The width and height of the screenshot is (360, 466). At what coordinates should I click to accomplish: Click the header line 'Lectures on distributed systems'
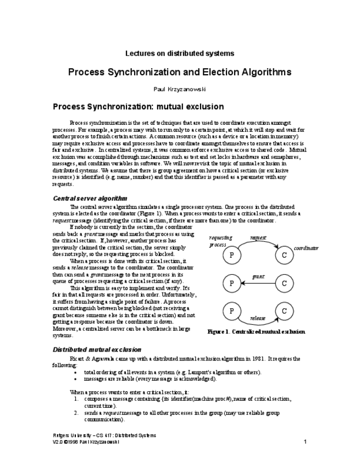pos(180,53)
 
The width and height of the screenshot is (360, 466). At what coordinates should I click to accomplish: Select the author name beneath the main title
pos(180,88)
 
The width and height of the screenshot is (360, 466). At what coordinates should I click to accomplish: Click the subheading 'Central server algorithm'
pos(90,198)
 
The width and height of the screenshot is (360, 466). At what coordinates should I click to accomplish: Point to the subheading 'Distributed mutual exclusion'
pos(97,349)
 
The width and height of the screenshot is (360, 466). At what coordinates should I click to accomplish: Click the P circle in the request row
pos(232,256)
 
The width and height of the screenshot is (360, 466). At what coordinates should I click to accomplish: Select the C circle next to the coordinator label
pos(284,256)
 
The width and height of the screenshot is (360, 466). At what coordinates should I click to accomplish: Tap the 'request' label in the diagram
pos(258,237)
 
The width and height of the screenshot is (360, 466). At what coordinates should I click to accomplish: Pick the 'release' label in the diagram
pos(258,318)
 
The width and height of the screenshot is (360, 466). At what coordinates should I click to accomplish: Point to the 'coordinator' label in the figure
pos(306,248)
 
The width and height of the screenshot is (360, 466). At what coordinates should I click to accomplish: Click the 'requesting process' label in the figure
pos(220,241)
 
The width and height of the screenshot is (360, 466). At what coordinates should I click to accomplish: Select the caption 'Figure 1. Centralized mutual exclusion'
pos(256,332)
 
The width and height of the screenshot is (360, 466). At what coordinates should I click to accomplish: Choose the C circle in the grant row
pos(284,284)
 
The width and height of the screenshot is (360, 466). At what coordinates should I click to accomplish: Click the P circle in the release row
pos(232,312)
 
